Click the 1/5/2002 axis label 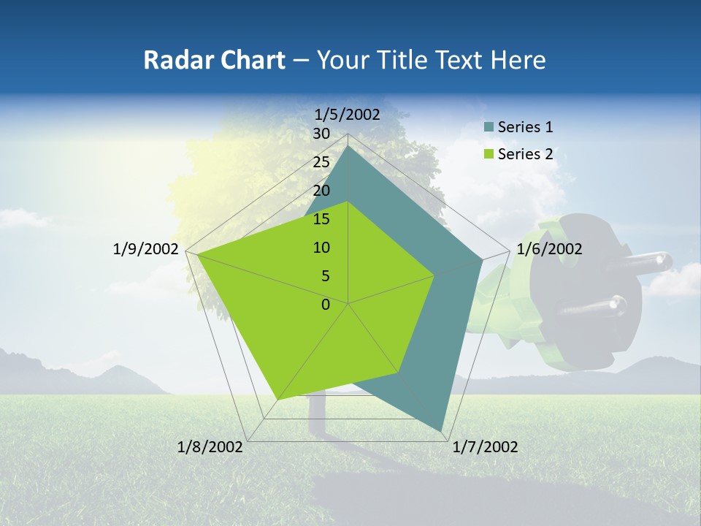[347, 115]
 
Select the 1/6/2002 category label [549, 249]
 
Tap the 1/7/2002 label [485, 447]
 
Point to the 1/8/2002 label [210, 447]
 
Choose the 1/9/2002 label [145, 249]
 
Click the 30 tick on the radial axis [321, 134]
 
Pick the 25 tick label [321, 162]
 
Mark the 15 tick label [321, 219]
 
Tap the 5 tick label [325, 276]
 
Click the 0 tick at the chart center [326, 305]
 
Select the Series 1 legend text [525, 127]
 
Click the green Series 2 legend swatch [489, 154]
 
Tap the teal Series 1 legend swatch [489, 128]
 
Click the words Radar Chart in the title [213, 60]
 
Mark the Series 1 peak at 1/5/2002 [348, 147]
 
